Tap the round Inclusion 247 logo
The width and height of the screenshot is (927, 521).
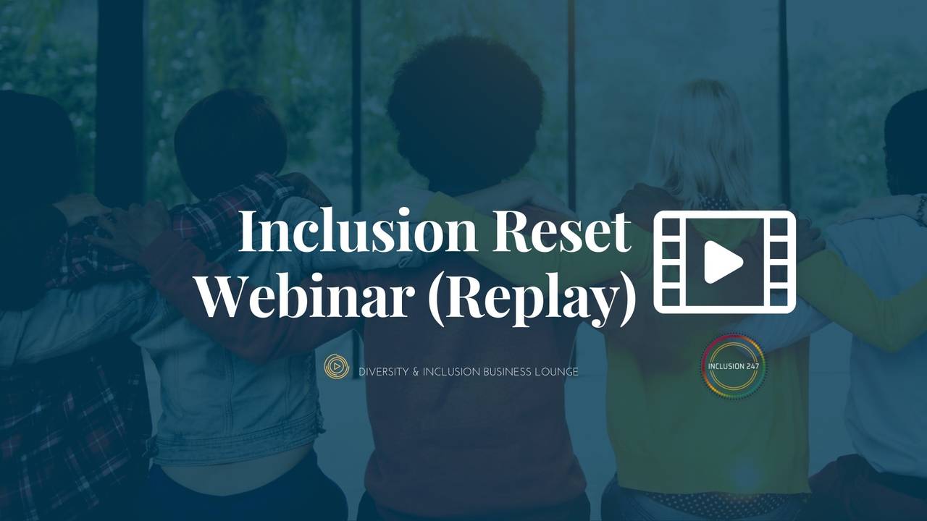734,366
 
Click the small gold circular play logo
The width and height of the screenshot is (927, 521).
337,368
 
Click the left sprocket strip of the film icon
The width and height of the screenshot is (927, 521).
669,262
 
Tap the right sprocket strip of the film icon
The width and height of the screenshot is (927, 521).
779,262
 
